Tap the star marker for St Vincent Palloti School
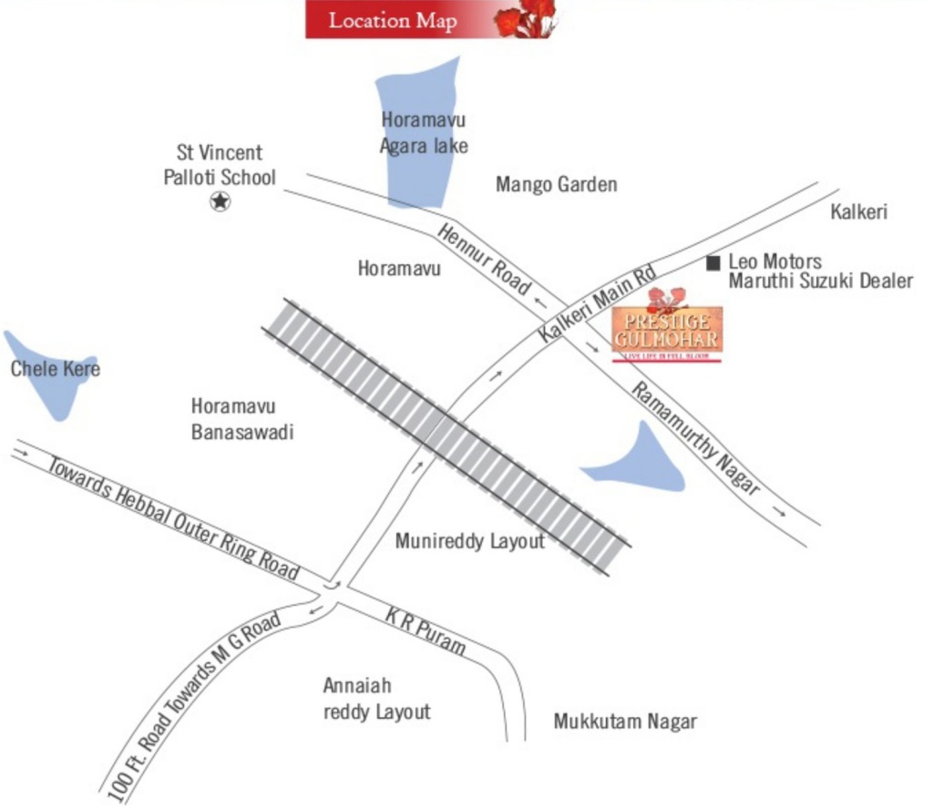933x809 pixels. click(x=220, y=201)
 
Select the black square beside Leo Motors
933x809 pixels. click(x=713, y=262)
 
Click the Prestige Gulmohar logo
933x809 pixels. click(x=667, y=328)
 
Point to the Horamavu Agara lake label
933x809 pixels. click(x=424, y=132)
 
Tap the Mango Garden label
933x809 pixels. click(x=556, y=185)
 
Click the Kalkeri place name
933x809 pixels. click(x=858, y=212)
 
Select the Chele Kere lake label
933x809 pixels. click(x=55, y=369)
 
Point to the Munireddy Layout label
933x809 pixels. click(x=469, y=541)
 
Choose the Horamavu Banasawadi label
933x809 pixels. click(x=241, y=419)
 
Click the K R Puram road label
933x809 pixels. click(x=425, y=631)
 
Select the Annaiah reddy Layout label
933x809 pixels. click(x=376, y=698)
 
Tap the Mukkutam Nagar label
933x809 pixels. click(x=625, y=722)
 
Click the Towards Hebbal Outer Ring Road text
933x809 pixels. click(x=173, y=517)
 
